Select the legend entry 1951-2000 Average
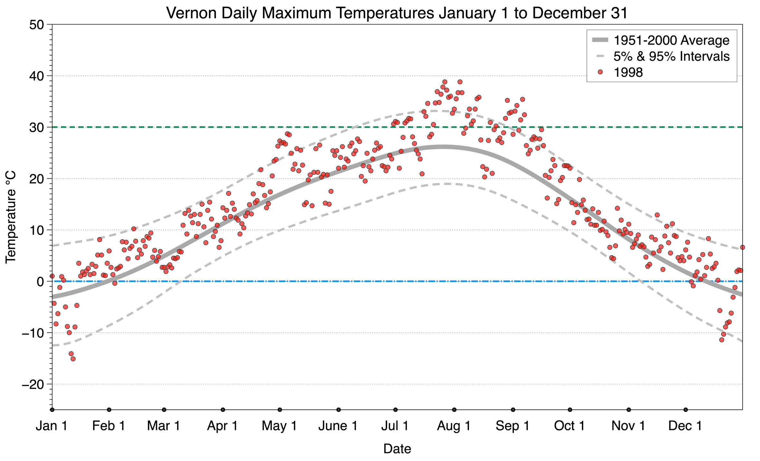point(671,40)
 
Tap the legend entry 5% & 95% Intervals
point(671,56)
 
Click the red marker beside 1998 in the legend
point(600,72)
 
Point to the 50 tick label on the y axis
point(36,25)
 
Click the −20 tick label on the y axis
point(33,384)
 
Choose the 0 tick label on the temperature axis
point(40,282)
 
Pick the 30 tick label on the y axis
point(36,127)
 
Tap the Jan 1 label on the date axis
point(52,426)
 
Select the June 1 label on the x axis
point(338,426)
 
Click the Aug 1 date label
point(454,426)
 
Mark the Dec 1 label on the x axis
point(685,426)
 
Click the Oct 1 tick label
point(569,426)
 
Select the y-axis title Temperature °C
point(11,217)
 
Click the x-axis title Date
point(397,449)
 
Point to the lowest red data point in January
point(73,359)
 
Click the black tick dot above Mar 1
point(164,410)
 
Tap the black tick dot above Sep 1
point(513,410)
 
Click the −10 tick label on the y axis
point(33,333)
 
